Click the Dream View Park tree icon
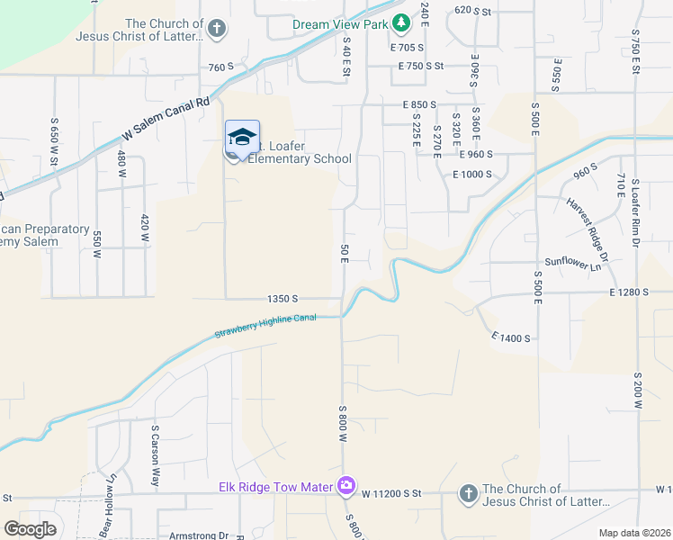point(403,21)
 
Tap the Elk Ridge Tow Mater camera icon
point(346,486)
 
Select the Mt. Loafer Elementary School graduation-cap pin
point(241,139)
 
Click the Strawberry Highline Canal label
point(265,327)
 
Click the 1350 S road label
point(282,298)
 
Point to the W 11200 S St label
point(392,494)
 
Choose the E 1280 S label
point(628,292)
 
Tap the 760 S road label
point(220,67)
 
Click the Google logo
point(30,529)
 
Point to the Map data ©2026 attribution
point(634,533)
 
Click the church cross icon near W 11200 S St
point(467,492)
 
